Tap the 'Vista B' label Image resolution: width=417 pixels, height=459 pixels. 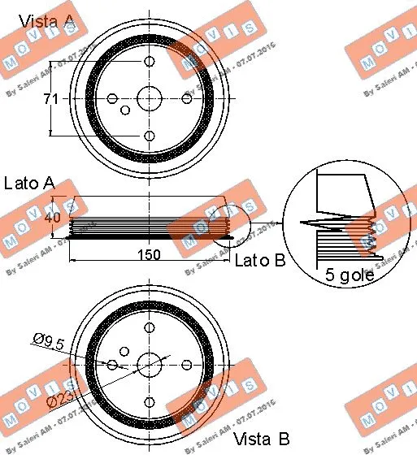261,440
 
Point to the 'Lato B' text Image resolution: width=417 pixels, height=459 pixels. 259,261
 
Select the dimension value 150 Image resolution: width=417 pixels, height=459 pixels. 148,254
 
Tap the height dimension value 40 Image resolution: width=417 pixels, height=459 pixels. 53,218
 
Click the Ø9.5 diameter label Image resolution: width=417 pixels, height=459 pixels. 49,342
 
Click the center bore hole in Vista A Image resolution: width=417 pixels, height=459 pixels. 149,98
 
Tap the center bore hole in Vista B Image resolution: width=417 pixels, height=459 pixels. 149,363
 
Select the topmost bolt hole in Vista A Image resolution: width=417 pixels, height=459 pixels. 149,62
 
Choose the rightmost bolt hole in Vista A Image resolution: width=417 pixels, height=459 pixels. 186,98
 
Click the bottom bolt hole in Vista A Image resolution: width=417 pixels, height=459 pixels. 149,136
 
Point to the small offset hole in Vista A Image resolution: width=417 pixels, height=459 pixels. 125,110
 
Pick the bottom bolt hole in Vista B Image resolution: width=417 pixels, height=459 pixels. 149,401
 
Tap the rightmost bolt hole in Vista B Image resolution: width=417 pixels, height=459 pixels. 186,363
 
